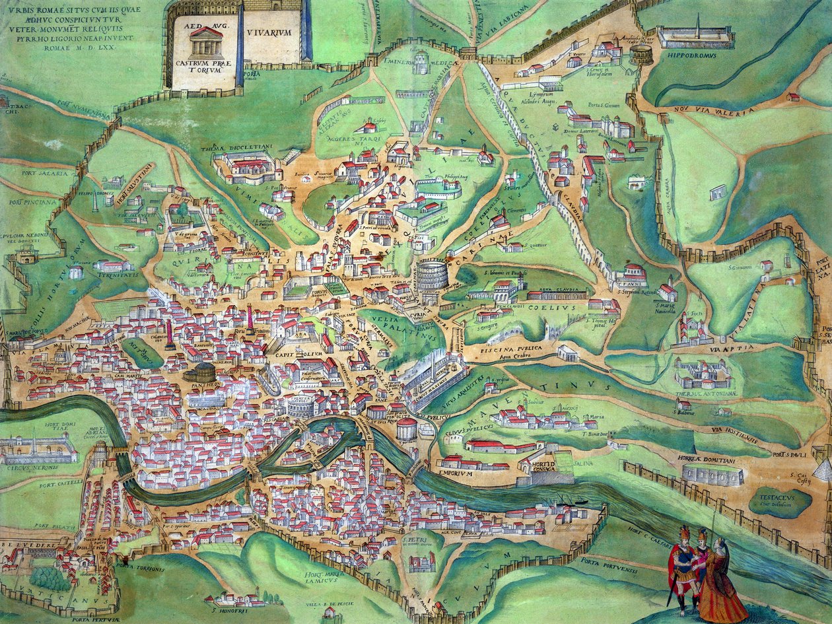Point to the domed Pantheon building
coord(200,372)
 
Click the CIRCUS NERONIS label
coord(29,468)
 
